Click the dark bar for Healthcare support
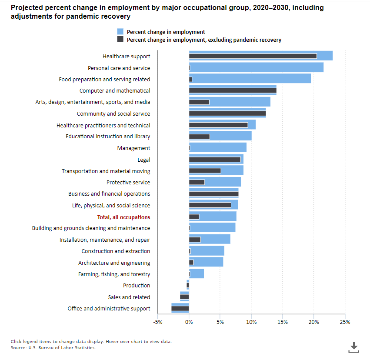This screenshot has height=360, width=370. coord(253,56)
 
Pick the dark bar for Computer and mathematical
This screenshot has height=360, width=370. coord(233,90)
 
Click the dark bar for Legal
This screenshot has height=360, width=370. coord(215,159)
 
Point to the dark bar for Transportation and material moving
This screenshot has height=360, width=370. coord(205,171)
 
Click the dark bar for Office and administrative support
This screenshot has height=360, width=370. coord(180,308)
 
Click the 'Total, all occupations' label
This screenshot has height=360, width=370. coord(123,217)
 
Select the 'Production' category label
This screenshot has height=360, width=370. coord(137,286)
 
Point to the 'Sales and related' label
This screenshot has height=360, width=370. coord(129,297)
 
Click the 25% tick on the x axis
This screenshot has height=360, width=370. coord(345,322)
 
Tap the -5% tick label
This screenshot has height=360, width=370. coord(157,322)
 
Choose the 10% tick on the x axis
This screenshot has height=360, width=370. coord(251,322)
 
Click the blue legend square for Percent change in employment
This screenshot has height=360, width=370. coord(120,32)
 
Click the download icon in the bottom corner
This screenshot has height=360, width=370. coord(354,347)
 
